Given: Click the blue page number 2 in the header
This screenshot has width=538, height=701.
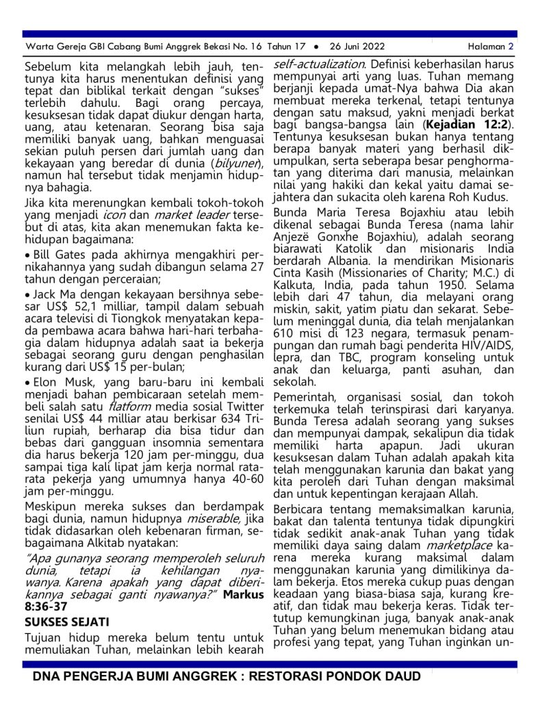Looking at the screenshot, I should click(511, 47).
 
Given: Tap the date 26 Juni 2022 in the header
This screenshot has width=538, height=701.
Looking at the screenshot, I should click(355, 47).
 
